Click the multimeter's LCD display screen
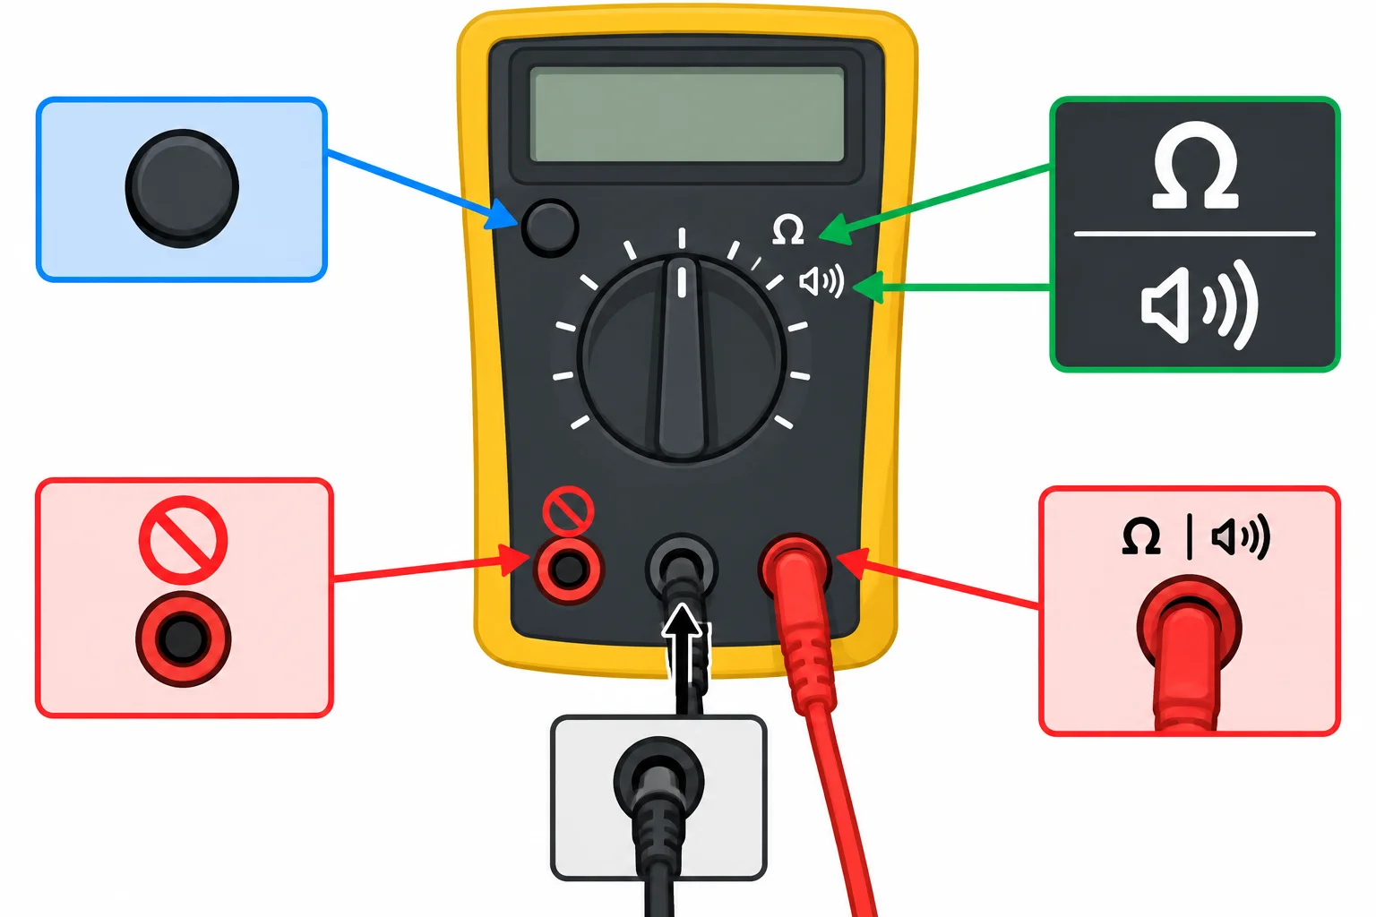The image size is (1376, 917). coord(687,115)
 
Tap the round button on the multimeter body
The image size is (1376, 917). coord(549,227)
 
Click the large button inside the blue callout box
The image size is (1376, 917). coord(182,189)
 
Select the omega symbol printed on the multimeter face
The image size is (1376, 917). coord(788,230)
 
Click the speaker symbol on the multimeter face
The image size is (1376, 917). coord(821,282)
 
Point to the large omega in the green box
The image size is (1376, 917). coord(1195,165)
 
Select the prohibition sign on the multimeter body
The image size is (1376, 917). coord(568,510)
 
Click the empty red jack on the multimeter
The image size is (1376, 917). coord(569,570)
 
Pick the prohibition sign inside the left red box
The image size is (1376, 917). coord(183,541)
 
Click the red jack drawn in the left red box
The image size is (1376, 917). coord(183,638)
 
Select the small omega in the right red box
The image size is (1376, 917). coord(1140,536)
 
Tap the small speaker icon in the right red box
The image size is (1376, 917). coord(1240,537)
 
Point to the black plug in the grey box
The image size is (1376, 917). coord(658,810)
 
